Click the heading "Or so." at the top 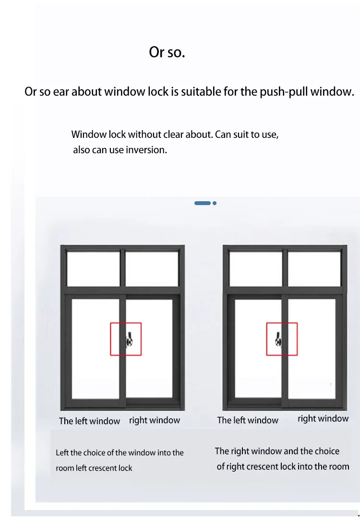167,52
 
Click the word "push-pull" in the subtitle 283,91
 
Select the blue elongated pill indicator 202,203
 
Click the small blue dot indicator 215,203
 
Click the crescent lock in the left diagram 129,339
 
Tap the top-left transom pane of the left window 93,268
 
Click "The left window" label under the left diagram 89,421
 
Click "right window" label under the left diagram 155,420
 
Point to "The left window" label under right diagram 248,420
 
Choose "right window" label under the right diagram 323,419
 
